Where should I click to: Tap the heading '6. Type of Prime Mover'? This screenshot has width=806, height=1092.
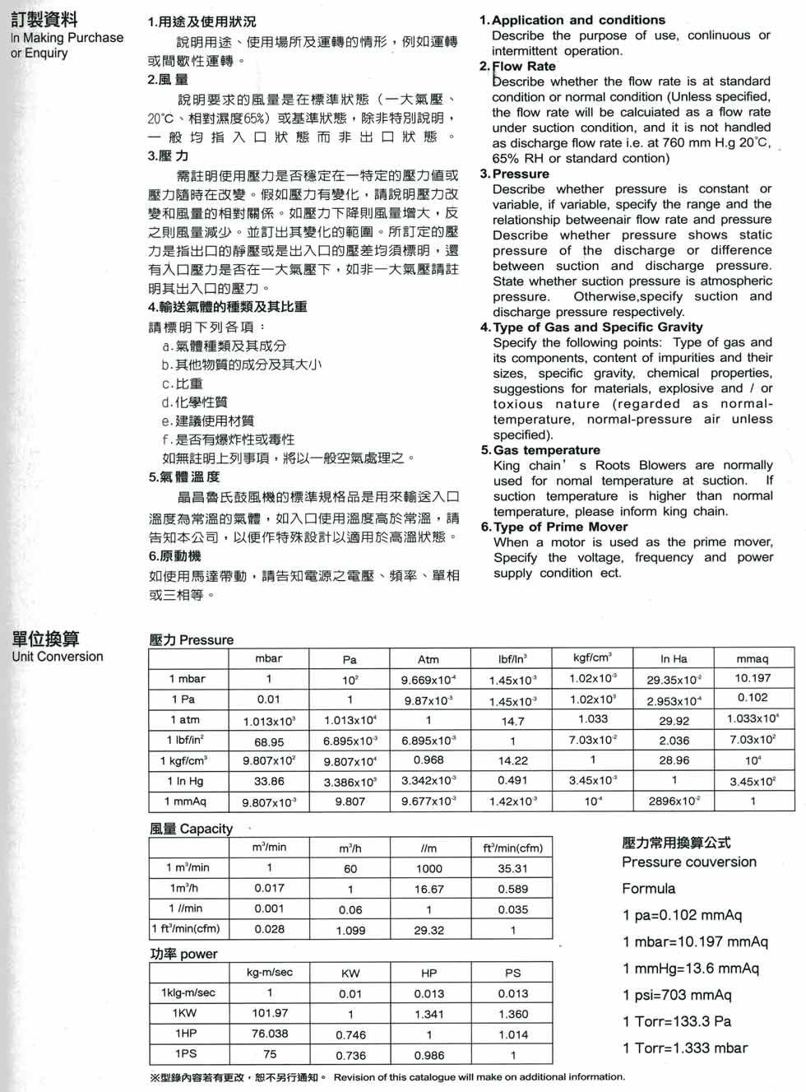(554, 527)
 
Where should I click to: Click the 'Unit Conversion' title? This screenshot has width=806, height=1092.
(58, 657)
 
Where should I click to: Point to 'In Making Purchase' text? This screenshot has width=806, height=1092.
(67, 38)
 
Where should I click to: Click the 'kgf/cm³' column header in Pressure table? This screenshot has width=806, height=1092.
(592, 658)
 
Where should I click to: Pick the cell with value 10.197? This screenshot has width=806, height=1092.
(753, 678)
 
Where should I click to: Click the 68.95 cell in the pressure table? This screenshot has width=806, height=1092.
(269, 741)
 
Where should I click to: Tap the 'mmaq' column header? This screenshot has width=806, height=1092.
(753, 658)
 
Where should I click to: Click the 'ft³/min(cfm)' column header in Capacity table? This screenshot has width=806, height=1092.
(512, 848)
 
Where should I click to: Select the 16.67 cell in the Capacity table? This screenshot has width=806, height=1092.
(428, 889)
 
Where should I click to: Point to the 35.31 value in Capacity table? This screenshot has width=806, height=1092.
(512, 868)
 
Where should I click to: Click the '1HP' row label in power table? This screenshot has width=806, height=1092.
(186, 1034)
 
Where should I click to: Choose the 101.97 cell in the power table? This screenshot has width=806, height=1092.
(270, 1013)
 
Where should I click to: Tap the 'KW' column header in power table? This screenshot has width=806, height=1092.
(350, 973)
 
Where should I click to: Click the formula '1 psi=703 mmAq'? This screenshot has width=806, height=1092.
(677, 995)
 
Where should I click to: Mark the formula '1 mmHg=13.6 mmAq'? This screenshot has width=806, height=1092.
(691, 969)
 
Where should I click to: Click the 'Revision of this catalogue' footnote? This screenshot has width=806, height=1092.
(479, 1077)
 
